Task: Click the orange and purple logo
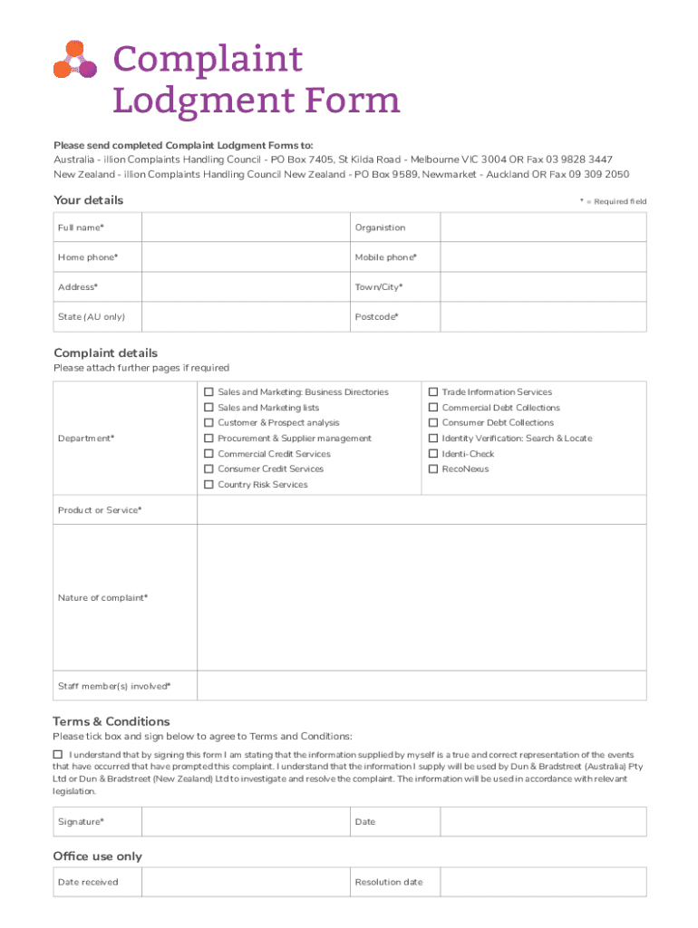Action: coord(75,61)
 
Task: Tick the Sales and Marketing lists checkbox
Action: coord(208,408)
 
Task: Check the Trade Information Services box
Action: coord(433,392)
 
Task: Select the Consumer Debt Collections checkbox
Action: coord(433,423)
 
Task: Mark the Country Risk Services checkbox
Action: coord(208,485)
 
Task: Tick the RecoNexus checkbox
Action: coord(433,469)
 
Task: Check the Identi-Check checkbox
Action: coord(433,454)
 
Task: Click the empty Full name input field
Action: coord(246,227)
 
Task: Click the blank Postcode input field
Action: coord(543,317)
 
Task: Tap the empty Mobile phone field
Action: coord(543,257)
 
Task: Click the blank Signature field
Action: coord(246,822)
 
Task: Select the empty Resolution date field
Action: coord(543,882)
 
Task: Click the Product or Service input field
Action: coord(422,511)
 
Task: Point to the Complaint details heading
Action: coord(105,353)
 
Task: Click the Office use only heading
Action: coord(98,856)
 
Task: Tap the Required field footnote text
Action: coord(613,202)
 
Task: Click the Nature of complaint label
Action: coord(102,598)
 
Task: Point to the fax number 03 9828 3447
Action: coord(579,159)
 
